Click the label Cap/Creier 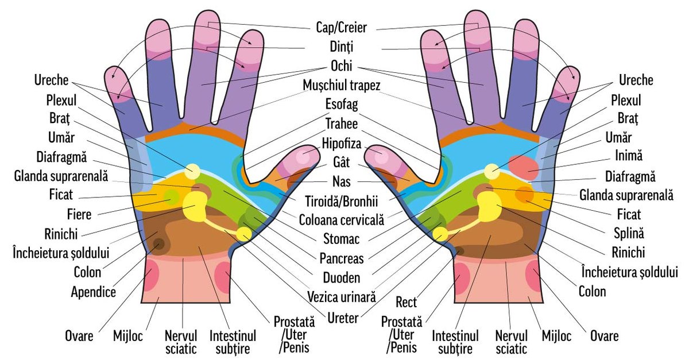341,27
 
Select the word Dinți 342,46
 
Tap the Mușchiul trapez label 342,86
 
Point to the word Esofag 342,105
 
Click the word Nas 342,181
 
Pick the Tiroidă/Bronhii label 342,201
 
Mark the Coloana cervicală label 342,220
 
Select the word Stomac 342,239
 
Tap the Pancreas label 342,258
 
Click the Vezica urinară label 342,296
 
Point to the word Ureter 342,316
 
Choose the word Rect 407,301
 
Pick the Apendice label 93,292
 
